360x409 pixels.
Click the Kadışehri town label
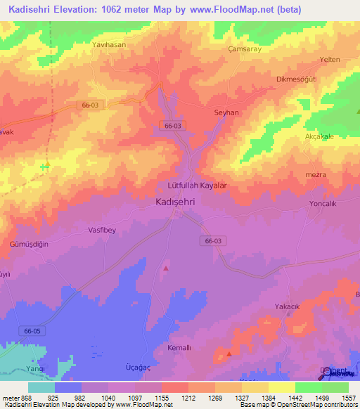pos(175,201)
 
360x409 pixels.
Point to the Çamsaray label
pos(246,50)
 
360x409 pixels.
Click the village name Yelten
pos(330,60)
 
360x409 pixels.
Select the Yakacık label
pos(287,307)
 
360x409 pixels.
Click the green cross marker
pos(45,167)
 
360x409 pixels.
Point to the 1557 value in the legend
pos(348,398)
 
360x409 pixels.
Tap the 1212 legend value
pos(187,398)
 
